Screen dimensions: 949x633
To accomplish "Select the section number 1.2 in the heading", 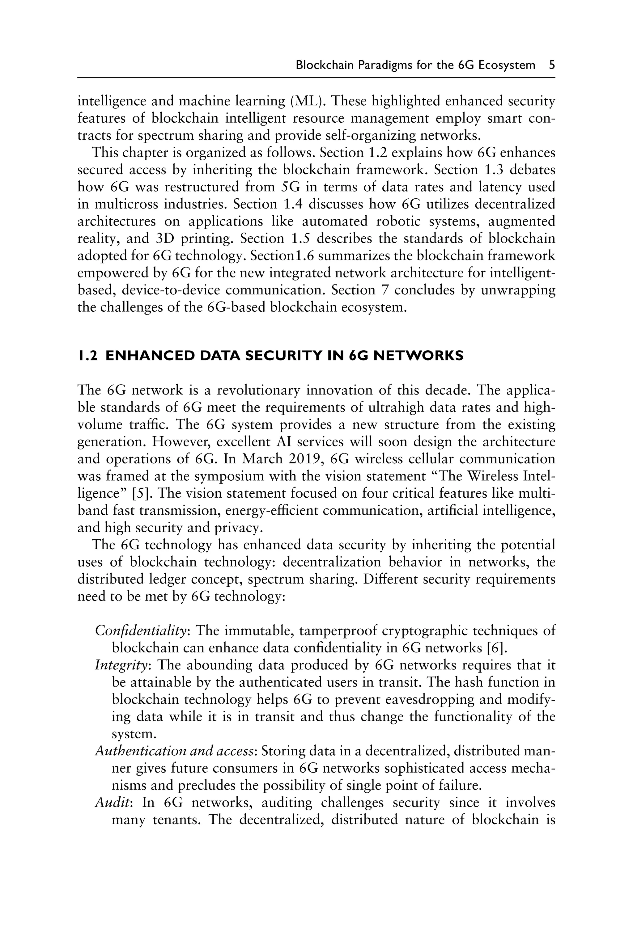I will (87, 356).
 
